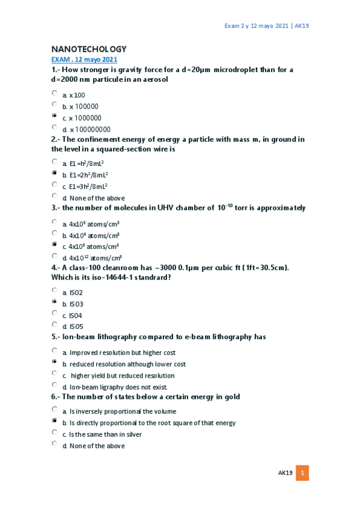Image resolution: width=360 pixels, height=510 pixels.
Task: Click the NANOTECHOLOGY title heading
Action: pyautogui.click(x=89, y=49)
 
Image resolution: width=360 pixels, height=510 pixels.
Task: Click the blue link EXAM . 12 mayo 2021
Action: pyautogui.click(x=84, y=60)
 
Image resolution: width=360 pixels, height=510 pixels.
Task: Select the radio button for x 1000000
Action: pyautogui.click(x=55, y=115)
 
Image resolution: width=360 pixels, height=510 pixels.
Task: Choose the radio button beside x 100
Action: pyautogui.click(x=55, y=93)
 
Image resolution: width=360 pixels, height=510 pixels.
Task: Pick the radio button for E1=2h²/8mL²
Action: pyautogui.click(x=55, y=173)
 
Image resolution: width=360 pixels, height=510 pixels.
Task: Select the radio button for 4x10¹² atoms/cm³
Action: pyautogui.click(x=55, y=256)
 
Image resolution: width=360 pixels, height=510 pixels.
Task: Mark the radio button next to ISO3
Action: pyautogui.click(x=55, y=302)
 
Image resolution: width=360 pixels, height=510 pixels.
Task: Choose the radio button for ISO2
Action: pyautogui.click(x=55, y=290)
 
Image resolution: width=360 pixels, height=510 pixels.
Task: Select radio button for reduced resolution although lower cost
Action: pyautogui.click(x=55, y=362)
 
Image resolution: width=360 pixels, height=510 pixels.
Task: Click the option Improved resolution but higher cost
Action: pyautogui.click(x=123, y=353)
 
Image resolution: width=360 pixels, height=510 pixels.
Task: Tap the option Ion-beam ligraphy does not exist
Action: pyautogui.click(x=118, y=387)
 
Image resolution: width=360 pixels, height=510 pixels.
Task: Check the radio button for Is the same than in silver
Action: pyautogui.click(x=55, y=432)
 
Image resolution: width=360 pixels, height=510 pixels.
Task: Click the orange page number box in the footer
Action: pyautogui.click(x=303, y=473)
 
